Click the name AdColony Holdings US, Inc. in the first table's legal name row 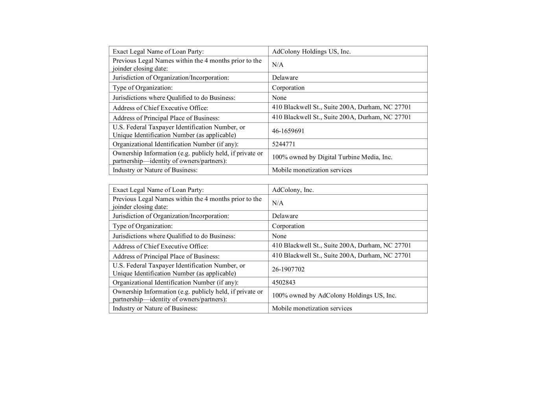click(311, 52)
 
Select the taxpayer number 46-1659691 click(288, 131)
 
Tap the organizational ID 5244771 click(283, 144)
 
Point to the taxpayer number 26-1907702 click(288, 269)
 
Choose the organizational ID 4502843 click(283, 282)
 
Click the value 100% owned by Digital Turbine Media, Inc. click(332, 157)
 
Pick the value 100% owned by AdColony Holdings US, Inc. click(334, 295)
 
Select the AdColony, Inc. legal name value click(293, 190)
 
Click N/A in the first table click(277, 65)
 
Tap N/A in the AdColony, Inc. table click(277, 203)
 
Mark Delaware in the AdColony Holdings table click(285, 77)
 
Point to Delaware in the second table click(285, 216)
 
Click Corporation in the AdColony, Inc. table click(288, 226)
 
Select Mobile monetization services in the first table click(312, 170)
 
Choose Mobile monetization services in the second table click(312, 308)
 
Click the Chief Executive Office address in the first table click(341, 107)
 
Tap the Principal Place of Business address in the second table click(341, 255)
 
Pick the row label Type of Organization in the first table click(142, 88)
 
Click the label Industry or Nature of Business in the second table click(155, 308)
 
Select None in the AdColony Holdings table click(279, 98)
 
